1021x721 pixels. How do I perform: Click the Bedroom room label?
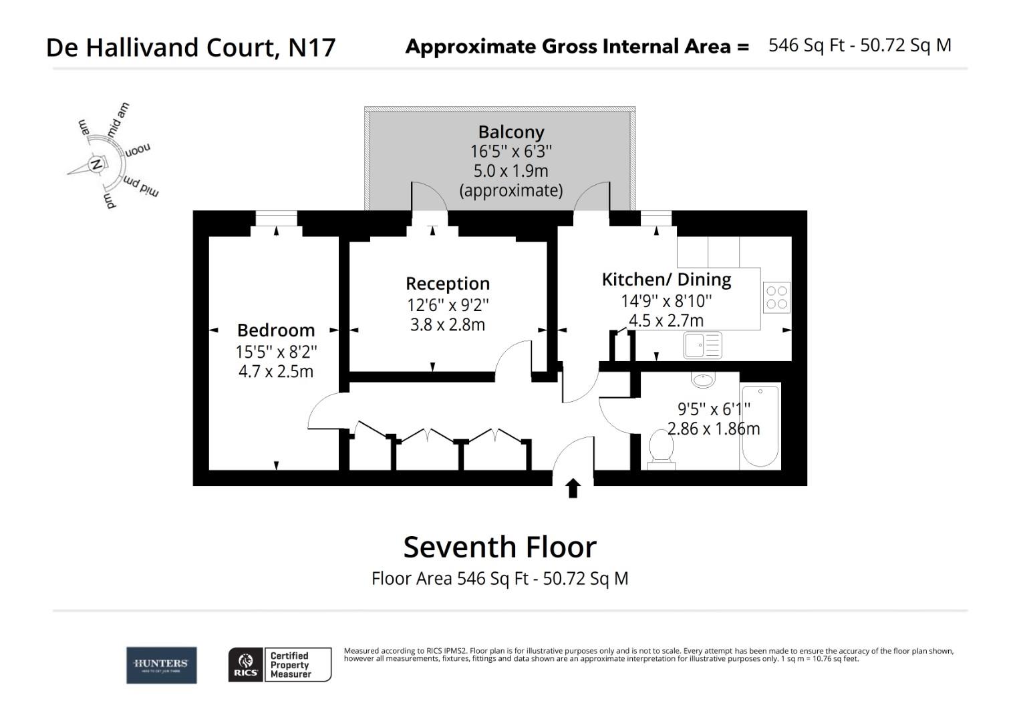pyautogui.click(x=276, y=330)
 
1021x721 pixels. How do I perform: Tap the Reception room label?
pyautogui.click(x=448, y=284)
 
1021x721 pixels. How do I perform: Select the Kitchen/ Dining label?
pyautogui.click(x=666, y=280)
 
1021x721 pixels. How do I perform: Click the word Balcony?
pyautogui.click(x=511, y=132)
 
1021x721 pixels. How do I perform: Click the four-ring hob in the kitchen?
pyautogui.click(x=776, y=298)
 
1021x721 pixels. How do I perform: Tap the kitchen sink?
pyautogui.click(x=702, y=346)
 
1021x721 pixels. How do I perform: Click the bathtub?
pyautogui.click(x=760, y=426)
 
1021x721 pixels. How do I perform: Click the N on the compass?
pyautogui.click(x=96, y=164)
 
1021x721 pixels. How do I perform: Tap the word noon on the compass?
pyautogui.click(x=138, y=149)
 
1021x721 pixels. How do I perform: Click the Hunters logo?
pyautogui.click(x=161, y=665)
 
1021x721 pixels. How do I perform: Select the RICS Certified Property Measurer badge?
pyautogui.click(x=280, y=665)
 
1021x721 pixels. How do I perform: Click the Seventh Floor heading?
pyautogui.click(x=500, y=547)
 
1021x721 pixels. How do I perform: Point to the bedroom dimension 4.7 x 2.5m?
pyautogui.click(x=276, y=372)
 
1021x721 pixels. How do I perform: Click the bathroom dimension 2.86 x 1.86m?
pyautogui.click(x=714, y=429)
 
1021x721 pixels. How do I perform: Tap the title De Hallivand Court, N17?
pyautogui.click(x=191, y=47)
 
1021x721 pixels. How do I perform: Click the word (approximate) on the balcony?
pyautogui.click(x=511, y=191)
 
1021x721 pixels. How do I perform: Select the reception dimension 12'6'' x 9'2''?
pyautogui.click(x=448, y=305)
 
